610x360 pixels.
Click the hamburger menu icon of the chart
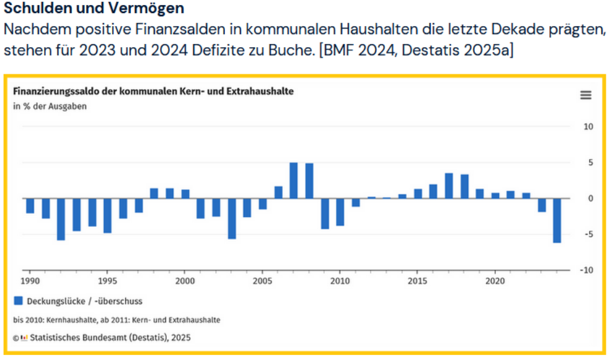point(585,95)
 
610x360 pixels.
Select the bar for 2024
point(557,220)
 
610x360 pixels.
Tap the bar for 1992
point(61,219)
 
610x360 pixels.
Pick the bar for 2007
point(293,180)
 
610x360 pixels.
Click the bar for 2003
point(231,218)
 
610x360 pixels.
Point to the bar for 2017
point(449,186)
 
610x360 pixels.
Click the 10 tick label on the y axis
point(588,127)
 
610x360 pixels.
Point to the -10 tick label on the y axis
point(586,270)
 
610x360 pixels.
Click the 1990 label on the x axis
point(30,280)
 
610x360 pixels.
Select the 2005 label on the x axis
point(262,280)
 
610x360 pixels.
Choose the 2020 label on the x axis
point(495,280)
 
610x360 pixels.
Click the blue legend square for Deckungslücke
point(18,301)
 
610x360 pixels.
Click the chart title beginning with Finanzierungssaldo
point(153,91)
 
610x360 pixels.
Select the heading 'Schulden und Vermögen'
point(94,9)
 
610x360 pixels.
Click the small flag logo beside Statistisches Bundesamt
point(24,338)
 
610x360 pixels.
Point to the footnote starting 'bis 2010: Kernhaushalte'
point(117,320)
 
